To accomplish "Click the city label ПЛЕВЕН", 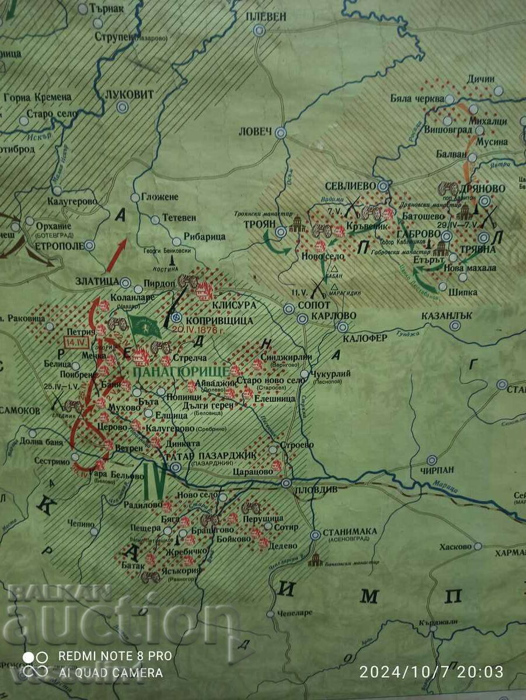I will click(266, 16).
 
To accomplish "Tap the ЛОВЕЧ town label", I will click(256, 132).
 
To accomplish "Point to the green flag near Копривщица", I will click(143, 325).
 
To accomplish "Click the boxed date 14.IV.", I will click(75, 342).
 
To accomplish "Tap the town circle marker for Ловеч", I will click(281, 132).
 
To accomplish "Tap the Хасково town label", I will click(451, 547).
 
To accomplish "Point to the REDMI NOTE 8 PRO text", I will click(114, 656).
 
